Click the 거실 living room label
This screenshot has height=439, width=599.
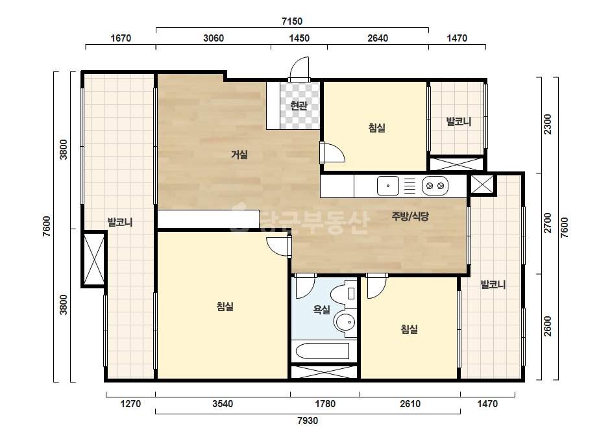239,155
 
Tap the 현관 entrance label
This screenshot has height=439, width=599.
299,105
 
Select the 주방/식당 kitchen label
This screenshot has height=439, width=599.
410,216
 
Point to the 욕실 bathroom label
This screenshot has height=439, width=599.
321,309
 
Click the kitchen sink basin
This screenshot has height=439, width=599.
387,186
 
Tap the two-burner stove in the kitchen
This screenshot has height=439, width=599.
435,186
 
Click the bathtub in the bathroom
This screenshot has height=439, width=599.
323,351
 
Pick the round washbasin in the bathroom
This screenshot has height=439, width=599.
345,322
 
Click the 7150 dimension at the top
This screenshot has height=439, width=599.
292,21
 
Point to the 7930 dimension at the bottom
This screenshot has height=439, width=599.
308,421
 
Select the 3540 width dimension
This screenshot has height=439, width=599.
223,404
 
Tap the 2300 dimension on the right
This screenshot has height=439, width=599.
548,124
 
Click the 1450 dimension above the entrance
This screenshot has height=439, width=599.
299,38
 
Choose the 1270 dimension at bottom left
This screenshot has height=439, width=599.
130,404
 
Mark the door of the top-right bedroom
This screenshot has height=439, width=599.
333,153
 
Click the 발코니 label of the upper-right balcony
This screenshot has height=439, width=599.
459,121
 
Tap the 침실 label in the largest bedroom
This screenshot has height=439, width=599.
225,307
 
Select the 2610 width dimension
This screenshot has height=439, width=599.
410,404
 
